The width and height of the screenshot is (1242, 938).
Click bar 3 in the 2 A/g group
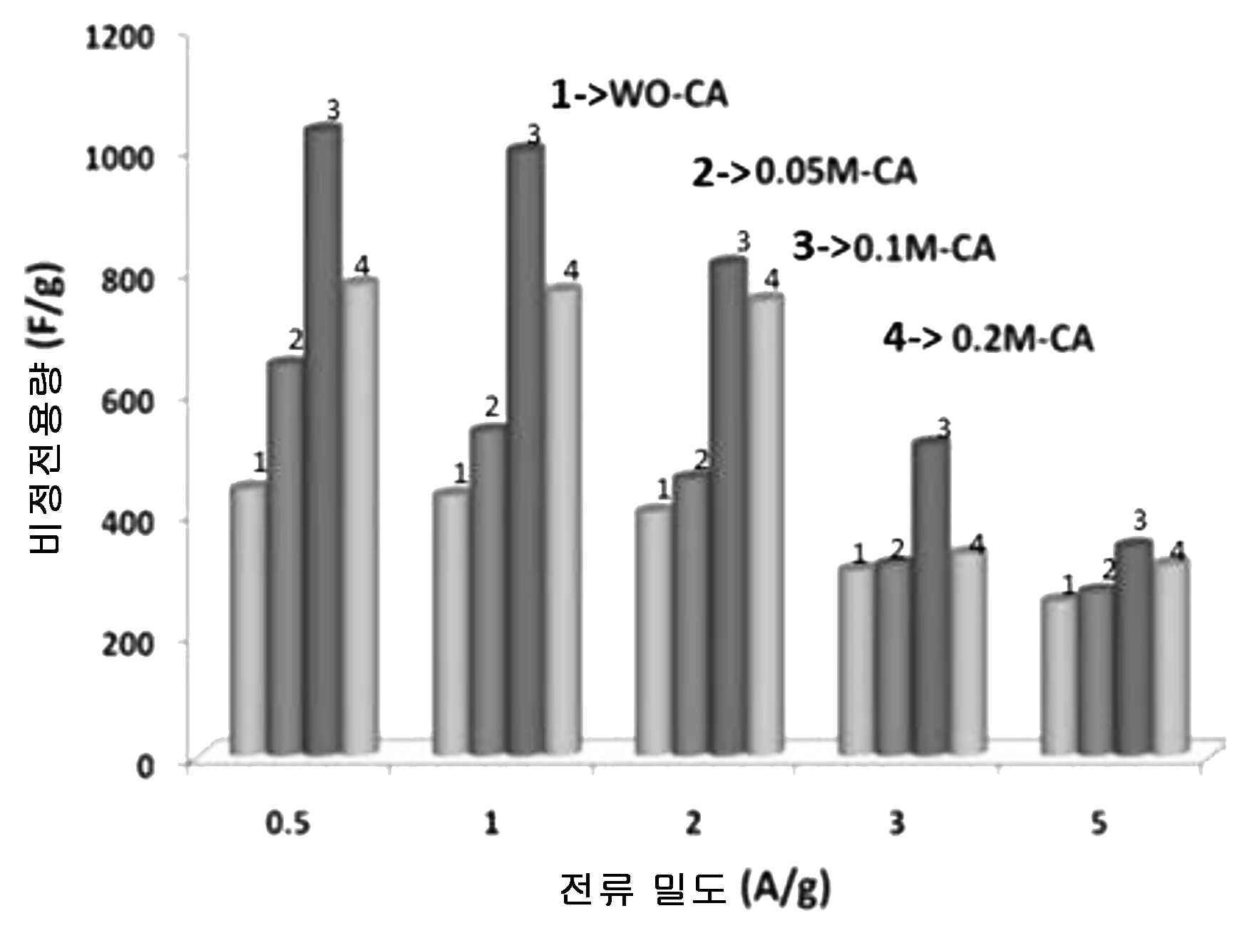click(729, 506)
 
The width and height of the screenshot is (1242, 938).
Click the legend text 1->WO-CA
click(640, 95)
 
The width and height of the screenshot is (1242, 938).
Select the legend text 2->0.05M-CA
click(804, 172)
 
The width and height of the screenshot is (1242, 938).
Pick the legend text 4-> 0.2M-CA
click(988, 337)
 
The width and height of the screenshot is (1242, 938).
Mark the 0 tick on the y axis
click(145, 766)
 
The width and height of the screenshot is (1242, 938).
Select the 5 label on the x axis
click(1099, 824)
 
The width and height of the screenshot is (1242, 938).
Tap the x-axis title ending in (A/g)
click(695, 888)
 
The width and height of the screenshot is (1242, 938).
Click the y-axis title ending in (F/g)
click(44, 409)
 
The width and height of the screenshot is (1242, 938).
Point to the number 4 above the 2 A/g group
click(771, 279)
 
